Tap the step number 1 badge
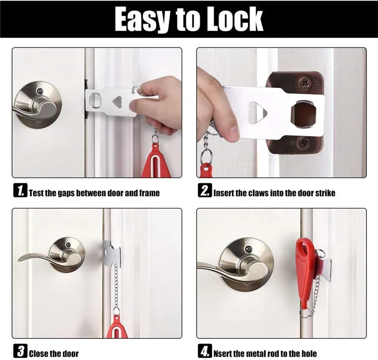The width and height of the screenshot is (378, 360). point(20,192)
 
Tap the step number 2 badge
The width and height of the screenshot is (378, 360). point(204,192)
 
